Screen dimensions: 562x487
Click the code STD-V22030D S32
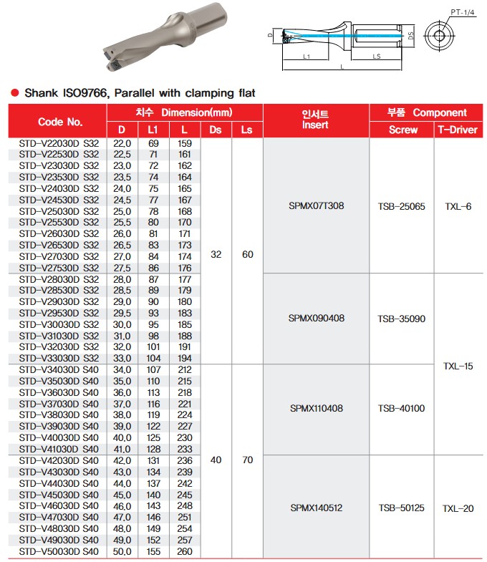(x=59, y=144)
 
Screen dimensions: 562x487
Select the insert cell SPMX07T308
(x=316, y=206)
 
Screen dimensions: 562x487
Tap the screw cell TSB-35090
(x=401, y=319)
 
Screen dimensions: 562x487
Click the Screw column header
(x=402, y=130)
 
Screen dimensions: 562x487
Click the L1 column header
(x=153, y=130)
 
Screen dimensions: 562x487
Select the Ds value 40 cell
(x=216, y=460)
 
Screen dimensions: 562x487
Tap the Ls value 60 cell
(x=248, y=254)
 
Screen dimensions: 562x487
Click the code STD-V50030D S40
(x=59, y=552)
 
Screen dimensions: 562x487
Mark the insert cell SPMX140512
(x=316, y=508)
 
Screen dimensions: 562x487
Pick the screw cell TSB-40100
(x=401, y=409)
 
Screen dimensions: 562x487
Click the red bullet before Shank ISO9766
(x=14, y=93)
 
